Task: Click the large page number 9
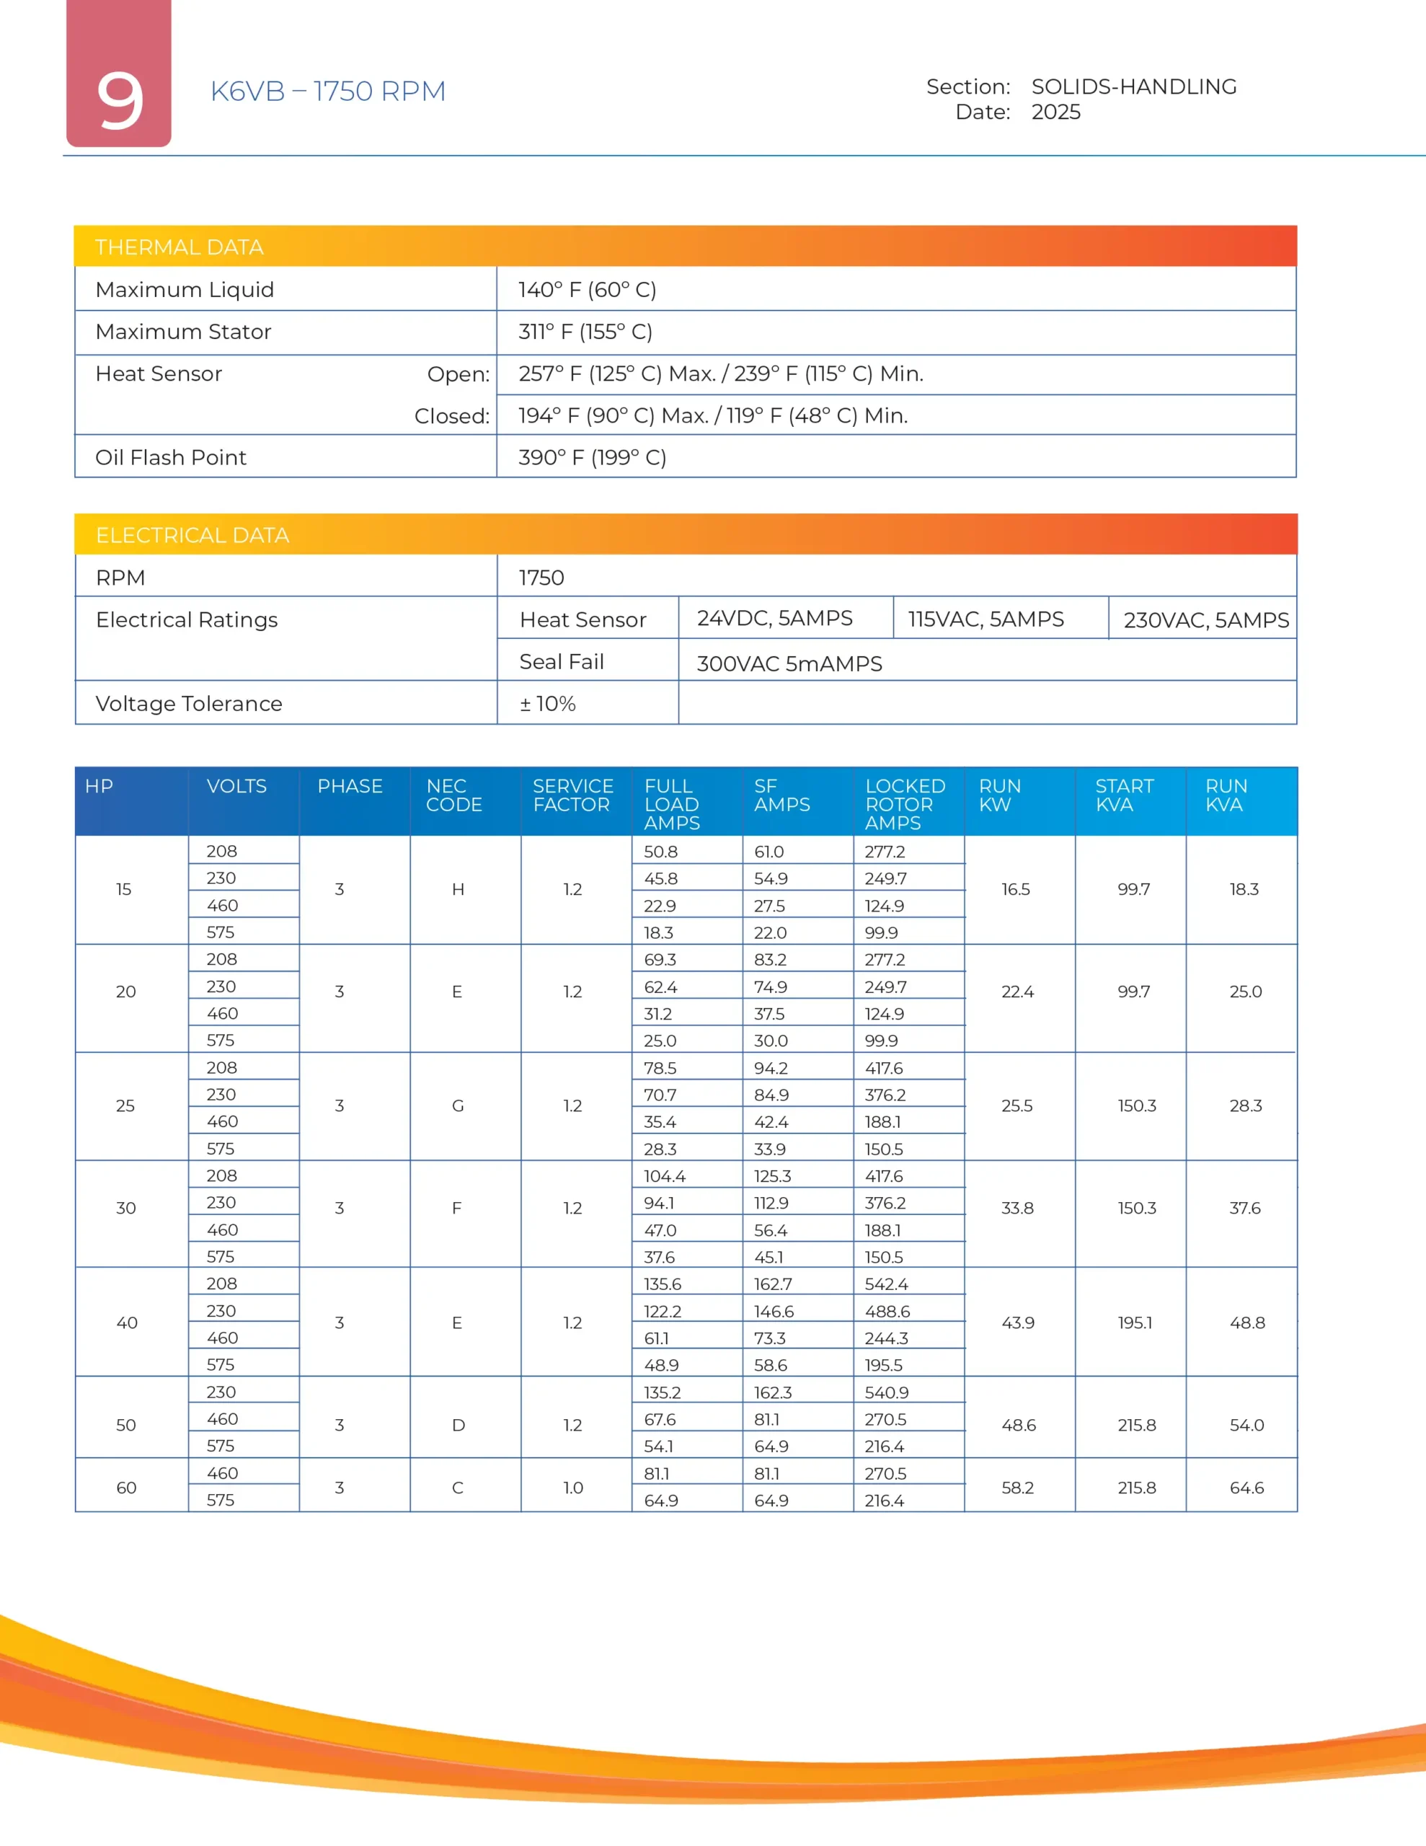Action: click(119, 100)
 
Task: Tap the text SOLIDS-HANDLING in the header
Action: click(1133, 87)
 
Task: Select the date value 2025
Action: click(1055, 112)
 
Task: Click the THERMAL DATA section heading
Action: click(180, 247)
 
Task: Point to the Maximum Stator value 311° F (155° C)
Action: click(585, 331)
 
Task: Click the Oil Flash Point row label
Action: click(171, 457)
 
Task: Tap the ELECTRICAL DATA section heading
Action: click(192, 535)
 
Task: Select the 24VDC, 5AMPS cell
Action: click(774, 618)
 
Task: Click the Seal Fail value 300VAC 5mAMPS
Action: click(789, 663)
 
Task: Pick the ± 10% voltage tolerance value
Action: click(548, 703)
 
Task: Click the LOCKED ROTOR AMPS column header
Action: click(905, 804)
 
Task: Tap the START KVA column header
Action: click(1124, 795)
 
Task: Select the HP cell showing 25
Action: click(125, 1105)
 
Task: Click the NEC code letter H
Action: click(458, 889)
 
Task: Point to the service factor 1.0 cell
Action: click(573, 1488)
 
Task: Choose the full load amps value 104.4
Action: click(665, 1175)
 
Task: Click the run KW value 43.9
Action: click(1018, 1322)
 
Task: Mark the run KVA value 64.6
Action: click(1246, 1488)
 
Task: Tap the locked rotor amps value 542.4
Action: click(886, 1284)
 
